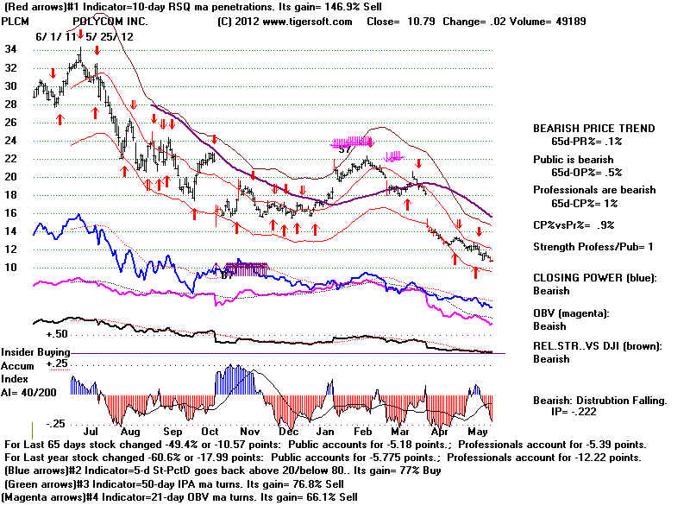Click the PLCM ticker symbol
pyautogui.click(x=16, y=19)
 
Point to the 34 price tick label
pyautogui.click(x=11, y=49)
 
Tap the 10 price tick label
pyautogui.click(x=11, y=267)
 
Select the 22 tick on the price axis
pyautogui.click(x=11, y=158)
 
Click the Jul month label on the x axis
pyautogui.click(x=87, y=429)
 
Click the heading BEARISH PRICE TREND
pyautogui.click(x=593, y=129)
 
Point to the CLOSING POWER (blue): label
pyautogui.click(x=594, y=278)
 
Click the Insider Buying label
pyautogui.click(x=35, y=352)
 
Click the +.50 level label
pyautogui.click(x=58, y=333)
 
